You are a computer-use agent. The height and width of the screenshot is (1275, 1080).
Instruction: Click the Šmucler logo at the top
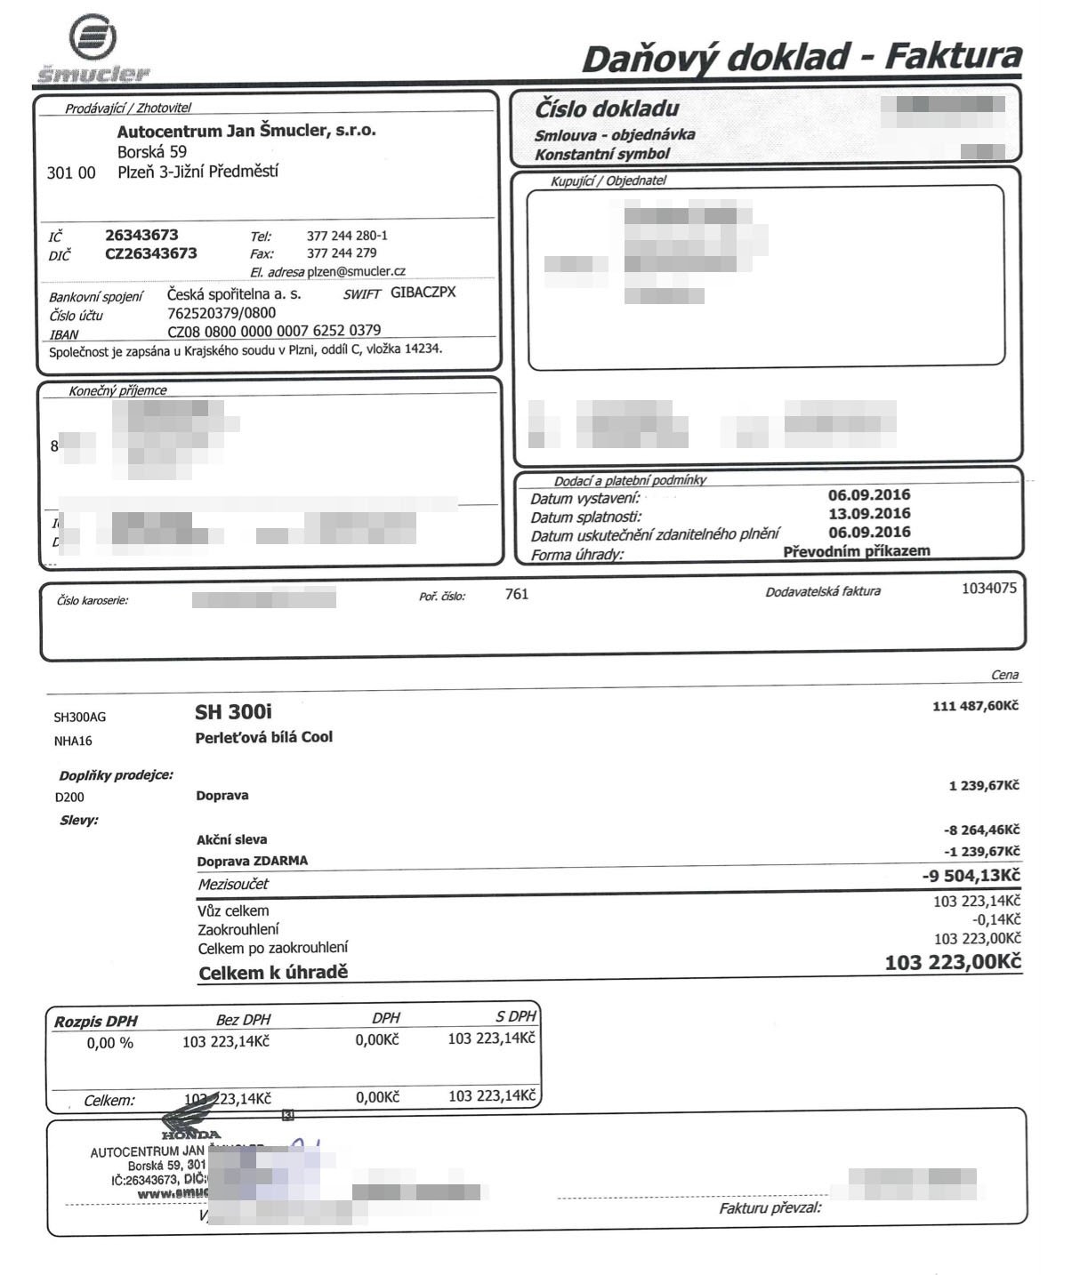93,51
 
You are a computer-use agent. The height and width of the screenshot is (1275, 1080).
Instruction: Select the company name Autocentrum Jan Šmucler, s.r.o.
246,131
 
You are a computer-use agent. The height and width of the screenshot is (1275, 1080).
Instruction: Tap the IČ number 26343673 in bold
141,236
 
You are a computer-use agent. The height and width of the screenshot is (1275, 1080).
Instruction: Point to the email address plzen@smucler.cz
356,271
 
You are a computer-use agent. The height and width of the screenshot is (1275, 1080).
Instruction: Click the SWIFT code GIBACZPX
423,293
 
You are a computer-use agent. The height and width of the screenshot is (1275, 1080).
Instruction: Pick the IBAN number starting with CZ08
274,331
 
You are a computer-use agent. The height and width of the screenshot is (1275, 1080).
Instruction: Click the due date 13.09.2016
868,514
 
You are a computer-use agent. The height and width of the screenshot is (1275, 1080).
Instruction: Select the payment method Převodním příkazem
856,551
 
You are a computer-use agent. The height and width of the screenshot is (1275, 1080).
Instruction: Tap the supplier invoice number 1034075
988,589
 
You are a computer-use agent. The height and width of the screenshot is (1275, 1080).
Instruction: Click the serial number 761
516,595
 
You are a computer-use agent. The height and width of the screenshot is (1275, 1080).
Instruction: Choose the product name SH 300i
233,713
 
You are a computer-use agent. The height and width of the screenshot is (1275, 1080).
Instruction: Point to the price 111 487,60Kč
975,706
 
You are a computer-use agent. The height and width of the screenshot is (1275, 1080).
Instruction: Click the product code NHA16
73,741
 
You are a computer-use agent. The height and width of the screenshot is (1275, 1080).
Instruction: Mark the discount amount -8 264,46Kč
981,830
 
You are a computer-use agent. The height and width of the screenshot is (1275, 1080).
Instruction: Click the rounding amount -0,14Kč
996,920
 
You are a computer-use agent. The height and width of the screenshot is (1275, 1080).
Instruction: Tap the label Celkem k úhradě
272,973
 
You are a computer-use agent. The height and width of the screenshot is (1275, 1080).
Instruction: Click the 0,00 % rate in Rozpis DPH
109,1043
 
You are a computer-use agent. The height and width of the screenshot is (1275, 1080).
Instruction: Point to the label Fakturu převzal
770,1208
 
